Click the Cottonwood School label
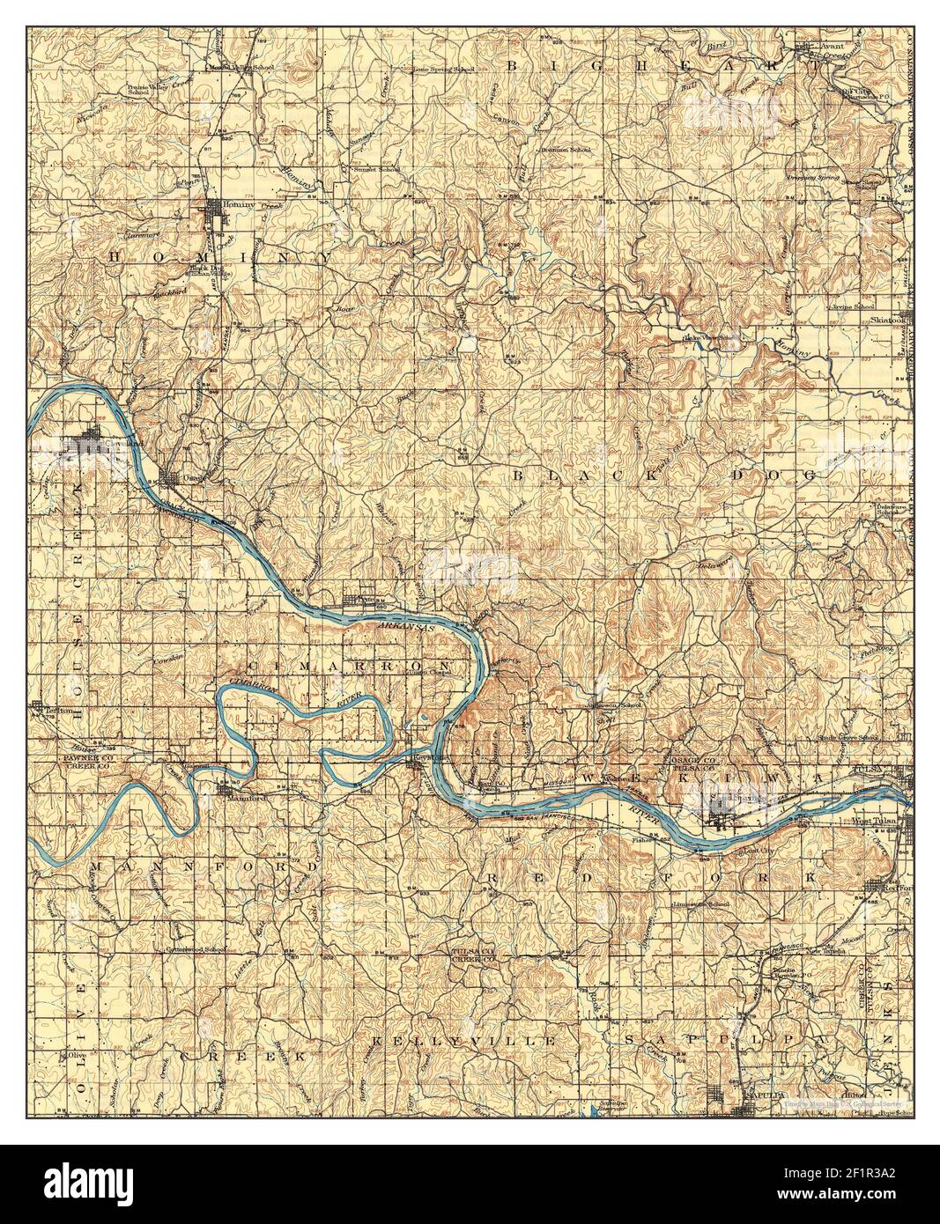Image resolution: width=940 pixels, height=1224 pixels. pyautogui.click(x=196, y=950)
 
